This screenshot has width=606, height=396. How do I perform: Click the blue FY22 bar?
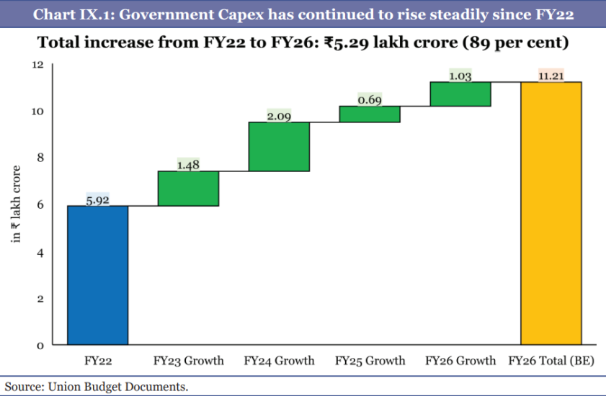(98, 276)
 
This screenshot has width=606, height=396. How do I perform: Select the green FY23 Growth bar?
(189, 189)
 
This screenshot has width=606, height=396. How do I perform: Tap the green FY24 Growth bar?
(279, 147)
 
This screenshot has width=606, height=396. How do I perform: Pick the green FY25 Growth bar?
(370, 114)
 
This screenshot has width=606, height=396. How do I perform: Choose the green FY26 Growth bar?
(460, 94)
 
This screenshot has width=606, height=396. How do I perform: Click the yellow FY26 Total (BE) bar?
(551, 214)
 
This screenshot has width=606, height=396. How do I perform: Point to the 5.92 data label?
(98, 200)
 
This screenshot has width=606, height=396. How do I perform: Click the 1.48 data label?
(189, 166)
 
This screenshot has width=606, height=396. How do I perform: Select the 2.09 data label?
(279, 117)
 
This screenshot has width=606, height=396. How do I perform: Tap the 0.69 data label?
(370, 100)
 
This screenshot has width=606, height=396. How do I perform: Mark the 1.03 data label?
(460, 76)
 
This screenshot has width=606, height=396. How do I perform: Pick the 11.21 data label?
(551, 76)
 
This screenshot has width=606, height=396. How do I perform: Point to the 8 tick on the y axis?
(40, 158)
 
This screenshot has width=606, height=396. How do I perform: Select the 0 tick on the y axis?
(40, 346)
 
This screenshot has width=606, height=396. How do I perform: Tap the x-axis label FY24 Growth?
(279, 360)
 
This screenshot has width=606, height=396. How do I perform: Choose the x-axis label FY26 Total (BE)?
(551, 360)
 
